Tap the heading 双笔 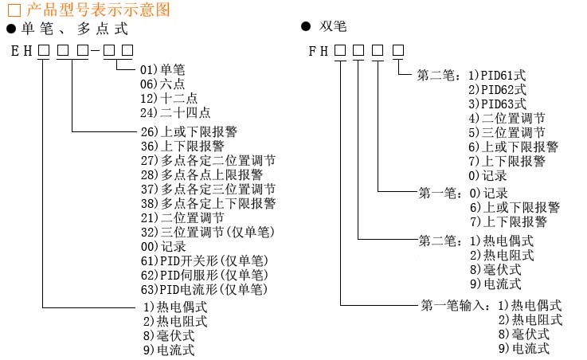click(329, 27)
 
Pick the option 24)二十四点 click(175, 112)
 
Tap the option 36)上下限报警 click(182, 146)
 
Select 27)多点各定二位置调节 click(208, 160)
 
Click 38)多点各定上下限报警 click(208, 203)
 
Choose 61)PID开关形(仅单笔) click(203, 261)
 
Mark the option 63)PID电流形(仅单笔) click(203, 290)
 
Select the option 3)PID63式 click(497, 104)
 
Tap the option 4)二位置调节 click(507, 119)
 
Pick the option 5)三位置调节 click(507, 133)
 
